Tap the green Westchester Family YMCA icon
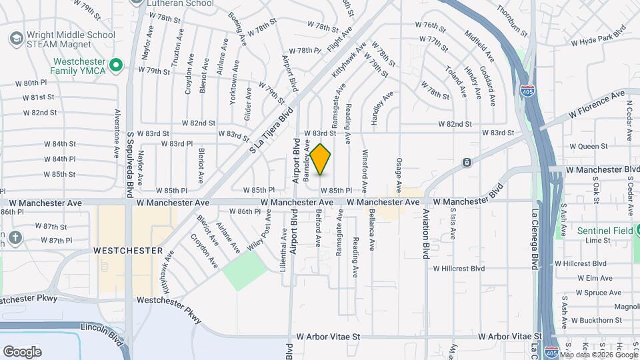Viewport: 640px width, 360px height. point(116,65)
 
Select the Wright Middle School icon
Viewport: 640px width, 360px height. point(13,39)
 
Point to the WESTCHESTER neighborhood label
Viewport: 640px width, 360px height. point(128,251)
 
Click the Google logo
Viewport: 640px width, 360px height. point(22,351)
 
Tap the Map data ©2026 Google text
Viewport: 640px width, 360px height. point(599,355)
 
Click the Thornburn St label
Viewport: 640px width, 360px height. point(512,21)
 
